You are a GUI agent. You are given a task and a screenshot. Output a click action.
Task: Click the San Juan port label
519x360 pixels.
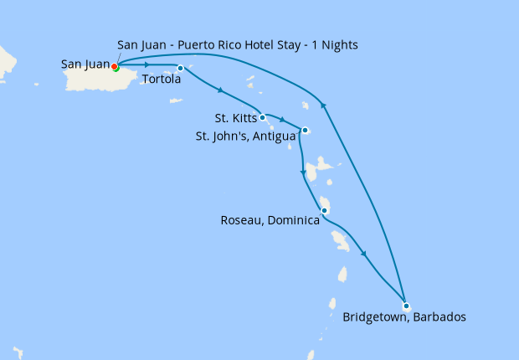(85, 64)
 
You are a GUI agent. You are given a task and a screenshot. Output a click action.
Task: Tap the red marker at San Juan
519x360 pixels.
(115, 66)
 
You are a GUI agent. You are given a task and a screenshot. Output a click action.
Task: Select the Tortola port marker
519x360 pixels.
(180, 68)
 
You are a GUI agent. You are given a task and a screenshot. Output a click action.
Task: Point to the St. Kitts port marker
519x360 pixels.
(263, 117)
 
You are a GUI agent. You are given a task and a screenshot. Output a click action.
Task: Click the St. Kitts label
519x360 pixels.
(235, 118)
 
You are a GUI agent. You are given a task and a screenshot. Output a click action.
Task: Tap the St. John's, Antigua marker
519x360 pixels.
(306, 130)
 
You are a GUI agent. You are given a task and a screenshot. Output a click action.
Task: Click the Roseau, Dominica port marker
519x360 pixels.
(324, 210)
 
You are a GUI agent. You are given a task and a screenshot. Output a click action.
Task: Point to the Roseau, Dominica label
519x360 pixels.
(270, 221)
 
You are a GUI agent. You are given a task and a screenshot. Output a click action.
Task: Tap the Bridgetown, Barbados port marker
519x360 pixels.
(406, 306)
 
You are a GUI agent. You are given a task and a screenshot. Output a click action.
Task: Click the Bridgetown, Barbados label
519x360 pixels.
(404, 317)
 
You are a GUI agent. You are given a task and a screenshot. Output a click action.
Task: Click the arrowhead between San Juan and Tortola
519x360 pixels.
(147, 64)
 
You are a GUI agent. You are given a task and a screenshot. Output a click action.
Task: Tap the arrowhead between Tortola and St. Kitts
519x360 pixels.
(219, 90)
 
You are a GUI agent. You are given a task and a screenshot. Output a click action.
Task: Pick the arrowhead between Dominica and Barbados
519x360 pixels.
(365, 255)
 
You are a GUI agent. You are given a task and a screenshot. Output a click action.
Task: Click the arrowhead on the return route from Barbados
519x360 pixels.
(323, 104)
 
